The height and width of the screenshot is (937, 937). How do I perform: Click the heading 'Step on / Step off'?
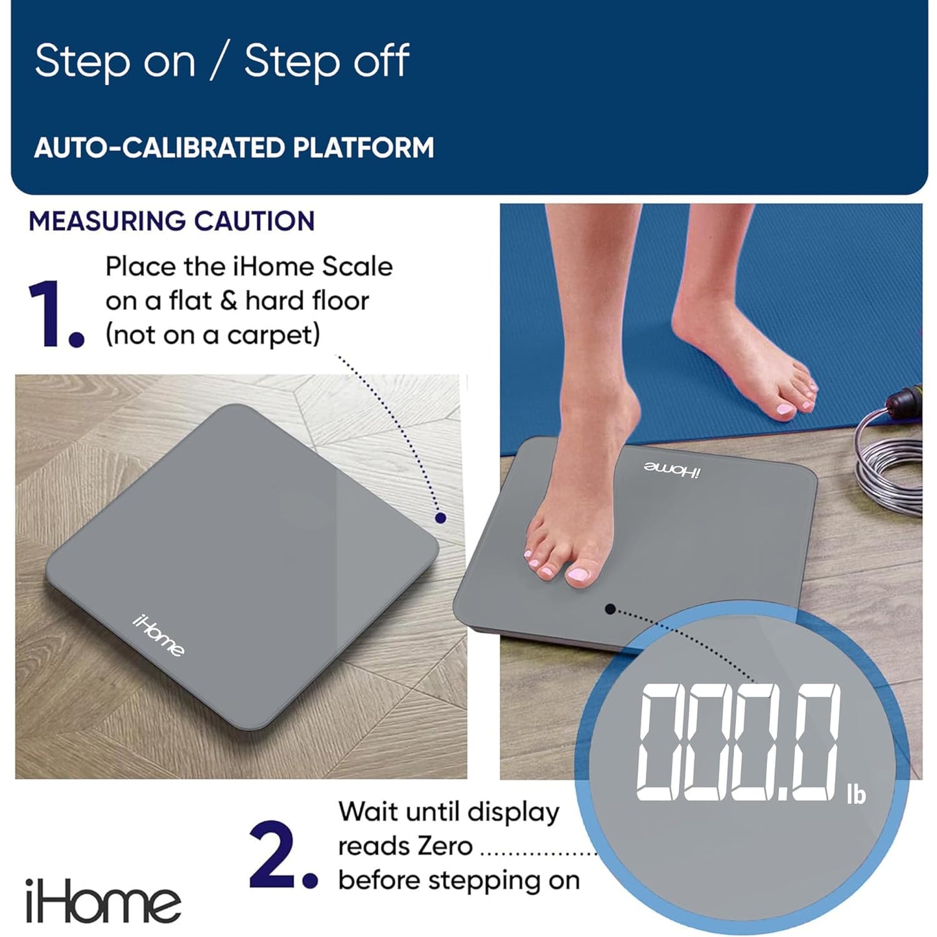tap(222, 62)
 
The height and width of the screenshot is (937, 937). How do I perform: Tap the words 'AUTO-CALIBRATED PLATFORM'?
tap(233, 148)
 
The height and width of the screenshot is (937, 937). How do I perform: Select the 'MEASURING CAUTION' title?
tap(172, 221)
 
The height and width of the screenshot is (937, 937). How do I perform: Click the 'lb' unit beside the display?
tap(856, 794)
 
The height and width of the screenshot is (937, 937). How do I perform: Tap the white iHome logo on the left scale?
tap(159, 635)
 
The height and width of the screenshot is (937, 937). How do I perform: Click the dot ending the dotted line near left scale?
tap(440, 517)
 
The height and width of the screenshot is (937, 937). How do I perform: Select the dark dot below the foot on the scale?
tap(610, 608)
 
